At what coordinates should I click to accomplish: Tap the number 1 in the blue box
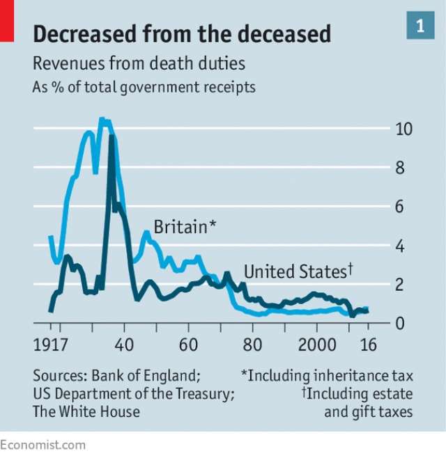420,26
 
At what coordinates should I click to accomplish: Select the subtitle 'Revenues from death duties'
139,64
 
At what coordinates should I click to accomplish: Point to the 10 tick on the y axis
403,129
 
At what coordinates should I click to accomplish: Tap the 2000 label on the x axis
316,346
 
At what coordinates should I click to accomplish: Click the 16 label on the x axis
369,346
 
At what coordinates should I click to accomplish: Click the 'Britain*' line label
185,227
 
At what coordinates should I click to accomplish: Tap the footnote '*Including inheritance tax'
327,376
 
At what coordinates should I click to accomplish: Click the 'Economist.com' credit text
43,445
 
